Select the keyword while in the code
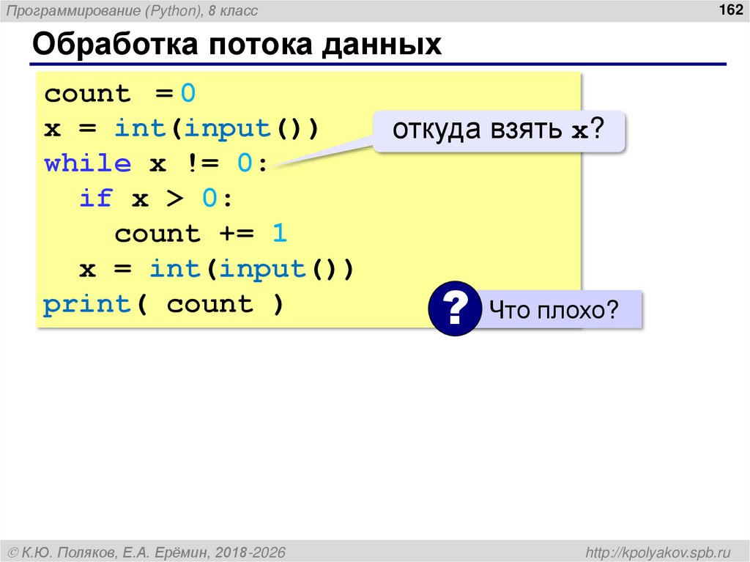(88, 163)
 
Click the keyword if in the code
(96, 199)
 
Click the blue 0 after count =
(188, 94)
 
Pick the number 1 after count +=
(279, 234)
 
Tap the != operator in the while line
(202, 163)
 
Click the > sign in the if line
(176, 199)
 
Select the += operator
(237, 234)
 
